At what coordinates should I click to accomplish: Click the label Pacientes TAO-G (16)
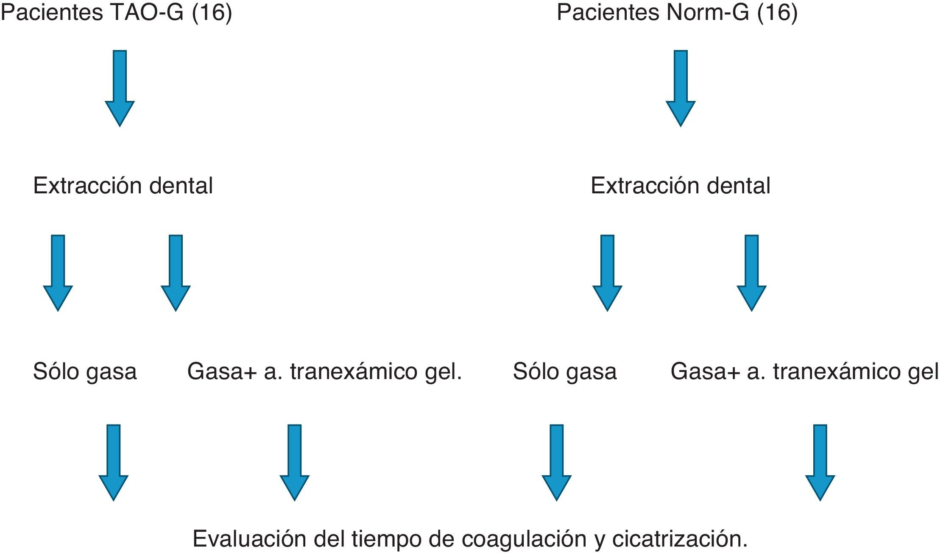(x=116, y=13)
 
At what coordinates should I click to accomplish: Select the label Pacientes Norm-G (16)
(x=677, y=13)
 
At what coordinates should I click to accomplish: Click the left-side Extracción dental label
(x=123, y=186)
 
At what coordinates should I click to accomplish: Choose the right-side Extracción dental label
(x=680, y=186)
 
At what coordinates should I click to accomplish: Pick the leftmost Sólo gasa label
(x=85, y=371)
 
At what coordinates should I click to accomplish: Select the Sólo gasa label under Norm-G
(x=564, y=371)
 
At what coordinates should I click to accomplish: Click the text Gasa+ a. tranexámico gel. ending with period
(x=324, y=371)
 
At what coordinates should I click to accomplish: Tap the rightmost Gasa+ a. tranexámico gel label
(x=804, y=371)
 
